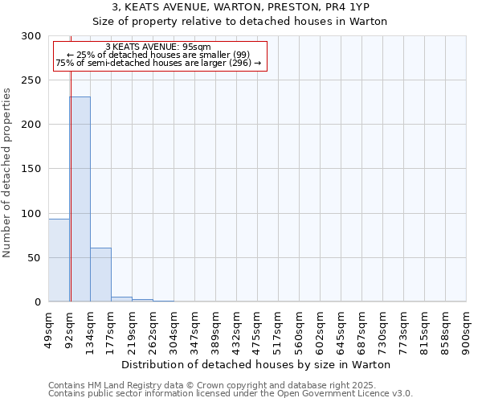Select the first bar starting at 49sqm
tap(59, 260)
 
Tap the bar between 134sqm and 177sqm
tap(100, 275)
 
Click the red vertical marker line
tap(71, 161)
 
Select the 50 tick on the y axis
tap(34, 258)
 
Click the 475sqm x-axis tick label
tap(257, 328)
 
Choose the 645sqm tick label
tap(341, 328)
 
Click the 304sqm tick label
tap(174, 328)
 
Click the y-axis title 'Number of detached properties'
tap(7, 173)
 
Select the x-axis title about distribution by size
tap(257, 364)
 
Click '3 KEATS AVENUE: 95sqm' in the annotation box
tap(158, 47)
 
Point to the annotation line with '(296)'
tap(158, 63)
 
